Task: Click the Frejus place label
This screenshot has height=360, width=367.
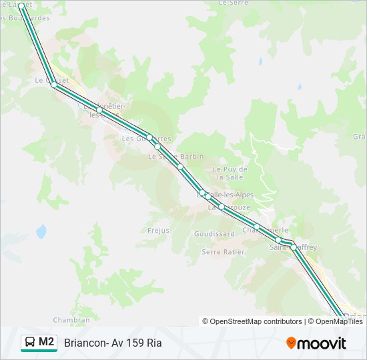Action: tap(159, 231)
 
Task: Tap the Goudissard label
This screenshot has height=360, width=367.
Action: tap(214, 235)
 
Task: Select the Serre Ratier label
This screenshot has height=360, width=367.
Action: tap(223, 252)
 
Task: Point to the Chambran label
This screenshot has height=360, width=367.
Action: tap(71, 320)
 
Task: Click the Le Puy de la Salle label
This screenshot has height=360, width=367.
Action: tap(230, 173)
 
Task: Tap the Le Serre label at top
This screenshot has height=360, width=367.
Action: tap(233, 3)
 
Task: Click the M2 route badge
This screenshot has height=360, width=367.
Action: tap(39, 343)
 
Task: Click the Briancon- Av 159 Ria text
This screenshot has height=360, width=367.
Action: tap(113, 343)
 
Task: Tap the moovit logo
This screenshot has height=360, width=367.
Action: tap(316, 343)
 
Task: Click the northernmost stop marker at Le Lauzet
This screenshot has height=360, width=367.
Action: tap(21, 6)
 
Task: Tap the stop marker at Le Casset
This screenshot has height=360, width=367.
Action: tap(54, 85)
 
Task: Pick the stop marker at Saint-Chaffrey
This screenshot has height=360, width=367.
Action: tap(293, 247)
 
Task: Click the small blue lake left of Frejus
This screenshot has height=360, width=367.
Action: tap(41, 231)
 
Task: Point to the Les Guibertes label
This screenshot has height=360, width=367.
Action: tap(146, 139)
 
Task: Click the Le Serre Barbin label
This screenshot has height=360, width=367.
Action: tap(175, 157)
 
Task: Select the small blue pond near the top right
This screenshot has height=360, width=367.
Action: tap(300, 86)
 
